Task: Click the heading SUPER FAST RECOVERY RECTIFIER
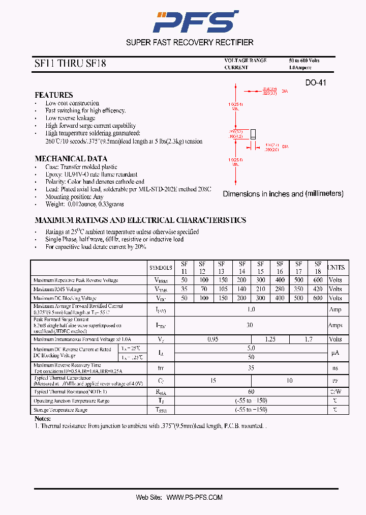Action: point(190,42)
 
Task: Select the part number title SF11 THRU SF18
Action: point(70,64)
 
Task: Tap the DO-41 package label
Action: point(315,83)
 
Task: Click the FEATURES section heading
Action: point(53,95)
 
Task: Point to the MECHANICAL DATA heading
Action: point(71,158)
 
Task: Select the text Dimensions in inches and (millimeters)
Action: point(283,194)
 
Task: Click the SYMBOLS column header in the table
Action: point(161,268)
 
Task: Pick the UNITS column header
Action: point(335,268)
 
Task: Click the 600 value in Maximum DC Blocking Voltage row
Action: point(318,298)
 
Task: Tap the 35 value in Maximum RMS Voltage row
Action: point(184,289)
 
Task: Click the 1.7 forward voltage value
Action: point(308,339)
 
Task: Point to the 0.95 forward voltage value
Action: point(212,339)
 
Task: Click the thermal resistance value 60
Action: point(251,392)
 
